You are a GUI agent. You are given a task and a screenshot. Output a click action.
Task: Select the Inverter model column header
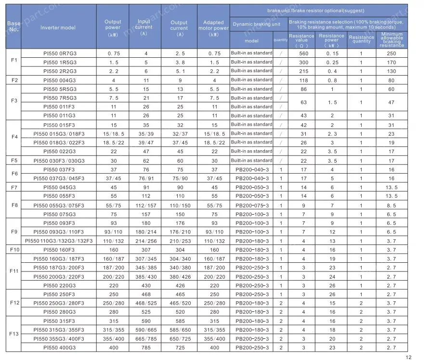(x=58, y=27)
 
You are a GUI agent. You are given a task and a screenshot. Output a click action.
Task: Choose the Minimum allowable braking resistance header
(x=392, y=40)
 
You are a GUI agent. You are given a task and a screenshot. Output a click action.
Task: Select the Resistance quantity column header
(x=361, y=39)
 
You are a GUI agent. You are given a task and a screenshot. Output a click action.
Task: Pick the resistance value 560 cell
(x=303, y=53)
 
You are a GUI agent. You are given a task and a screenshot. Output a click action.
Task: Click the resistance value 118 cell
(x=303, y=80)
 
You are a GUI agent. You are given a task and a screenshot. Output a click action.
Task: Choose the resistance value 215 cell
(x=303, y=71)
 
